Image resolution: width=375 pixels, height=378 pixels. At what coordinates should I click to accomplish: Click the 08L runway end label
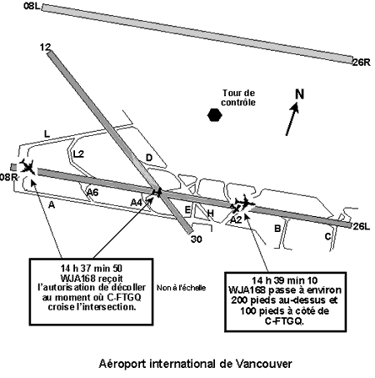click(32, 6)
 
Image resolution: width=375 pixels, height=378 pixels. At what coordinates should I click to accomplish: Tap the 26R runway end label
click(362, 63)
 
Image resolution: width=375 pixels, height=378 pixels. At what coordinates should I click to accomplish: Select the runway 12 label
click(45, 48)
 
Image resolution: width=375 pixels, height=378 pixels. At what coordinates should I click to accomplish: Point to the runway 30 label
click(197, 239)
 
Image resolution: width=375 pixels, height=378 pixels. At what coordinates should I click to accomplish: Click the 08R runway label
click(8, 177)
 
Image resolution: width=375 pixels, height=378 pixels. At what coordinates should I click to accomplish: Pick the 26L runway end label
click(362, 226)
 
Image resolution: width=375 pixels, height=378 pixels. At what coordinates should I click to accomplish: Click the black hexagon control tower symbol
click(215, 114)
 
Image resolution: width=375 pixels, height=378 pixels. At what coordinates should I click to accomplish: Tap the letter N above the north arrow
click(299, 94)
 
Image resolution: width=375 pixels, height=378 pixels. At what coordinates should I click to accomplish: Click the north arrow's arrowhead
click(296, 107)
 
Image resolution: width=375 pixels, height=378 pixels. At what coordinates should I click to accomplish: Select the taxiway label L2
click(78, 154)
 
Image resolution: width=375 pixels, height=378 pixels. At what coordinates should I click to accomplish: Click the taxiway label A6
click(92, 192)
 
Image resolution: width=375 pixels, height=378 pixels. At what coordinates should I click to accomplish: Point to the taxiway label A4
click(137, 203)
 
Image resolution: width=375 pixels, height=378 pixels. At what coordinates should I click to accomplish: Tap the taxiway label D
click(149, 158)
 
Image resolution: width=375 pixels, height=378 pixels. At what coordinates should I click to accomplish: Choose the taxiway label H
click(211, 214)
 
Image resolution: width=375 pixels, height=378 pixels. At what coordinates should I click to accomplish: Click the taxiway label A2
click(236, 219)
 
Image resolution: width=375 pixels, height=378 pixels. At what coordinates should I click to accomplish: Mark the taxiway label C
click(327, 236)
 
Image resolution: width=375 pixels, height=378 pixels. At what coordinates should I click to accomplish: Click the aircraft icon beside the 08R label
click(27, 167)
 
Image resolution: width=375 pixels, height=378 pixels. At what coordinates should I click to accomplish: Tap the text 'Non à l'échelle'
click(181, 288)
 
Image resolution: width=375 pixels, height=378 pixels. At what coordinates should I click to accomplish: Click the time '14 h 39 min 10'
click(285, 280)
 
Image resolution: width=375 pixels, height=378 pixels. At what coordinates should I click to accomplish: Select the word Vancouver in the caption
click(264, 364)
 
